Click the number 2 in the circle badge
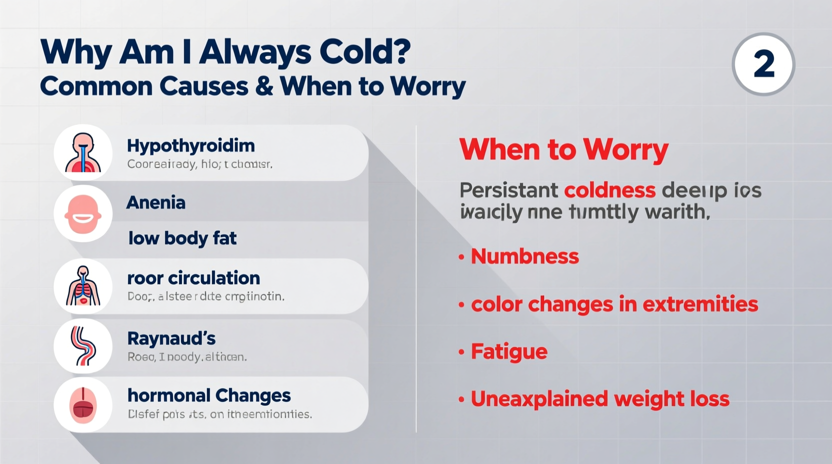tap(763, 64)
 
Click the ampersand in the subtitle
tap(264, 86)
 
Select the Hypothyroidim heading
tap(190, 145)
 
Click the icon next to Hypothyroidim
tap(83, 152)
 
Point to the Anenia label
tap(155, 202)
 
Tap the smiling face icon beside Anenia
tap(83, 214)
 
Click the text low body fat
tap(182, 238)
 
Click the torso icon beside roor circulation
tap(83, 286)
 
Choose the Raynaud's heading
tap(171, 338)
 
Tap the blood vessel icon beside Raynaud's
tap(83, 346)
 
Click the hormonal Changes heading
tap(209, 395)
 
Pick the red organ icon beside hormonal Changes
tap(83, 404)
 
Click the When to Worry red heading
tap(563, 149)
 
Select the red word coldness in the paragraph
tap(609, 190)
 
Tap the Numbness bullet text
tap(524, 256)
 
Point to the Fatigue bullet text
tap(509, 351)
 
